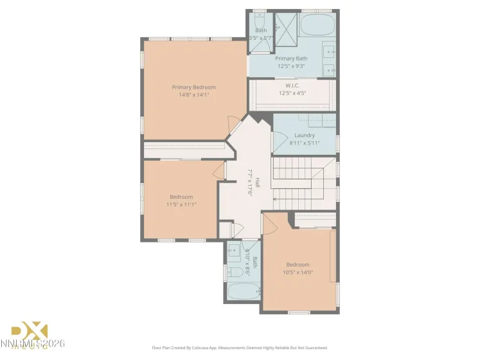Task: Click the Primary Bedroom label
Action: click(193, 87)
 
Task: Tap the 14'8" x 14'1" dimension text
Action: click(193, 94)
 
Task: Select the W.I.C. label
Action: click(292, 85)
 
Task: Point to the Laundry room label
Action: click(305, 135)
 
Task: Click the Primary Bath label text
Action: click(292, 59)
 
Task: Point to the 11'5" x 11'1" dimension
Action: click(181, 204)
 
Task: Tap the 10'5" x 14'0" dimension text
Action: click(298, 272)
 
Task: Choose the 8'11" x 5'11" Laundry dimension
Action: click(305, 143)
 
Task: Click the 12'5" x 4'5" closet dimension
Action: click(292, 93)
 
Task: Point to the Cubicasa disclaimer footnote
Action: click(240, 347)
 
